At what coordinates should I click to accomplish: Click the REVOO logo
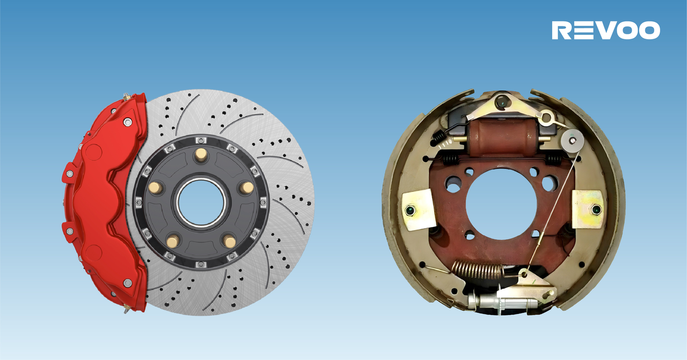coord(606,30)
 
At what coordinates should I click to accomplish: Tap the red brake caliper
coord(104,202)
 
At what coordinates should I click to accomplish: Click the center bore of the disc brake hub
coord(201,203)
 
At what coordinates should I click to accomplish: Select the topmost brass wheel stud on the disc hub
coord(201,154)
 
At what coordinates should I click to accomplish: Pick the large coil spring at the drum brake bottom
coord(478,270)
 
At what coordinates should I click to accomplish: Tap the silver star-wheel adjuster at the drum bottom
coord(503,302)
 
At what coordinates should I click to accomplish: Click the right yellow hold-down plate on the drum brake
coord(588,210)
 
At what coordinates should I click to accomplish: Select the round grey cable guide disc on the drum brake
coord(572,141)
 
